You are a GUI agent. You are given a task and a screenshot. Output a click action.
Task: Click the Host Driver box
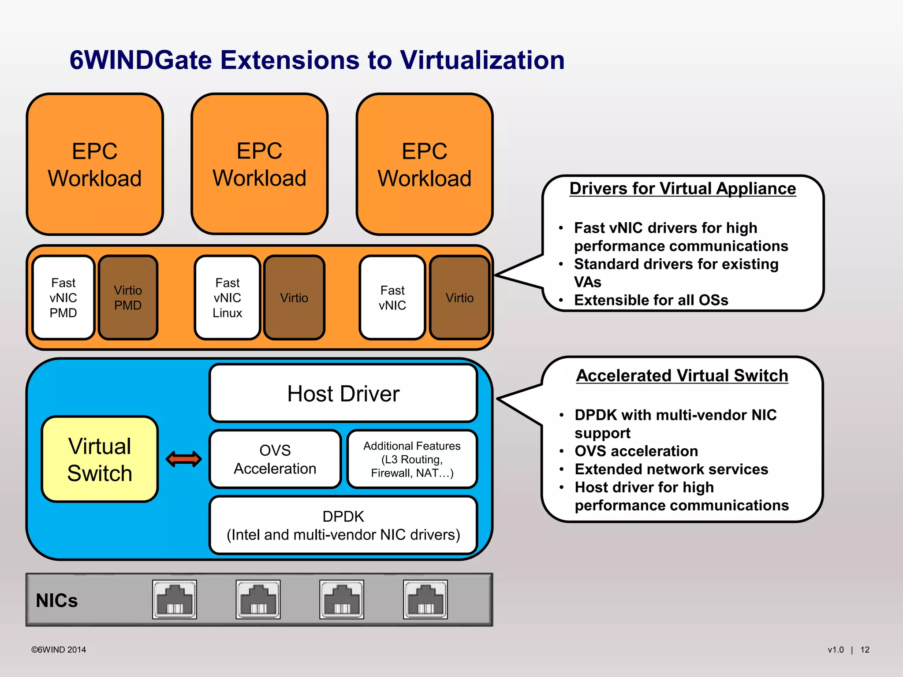(343, 393)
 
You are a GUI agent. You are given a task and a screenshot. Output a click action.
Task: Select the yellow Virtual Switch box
(100, 459)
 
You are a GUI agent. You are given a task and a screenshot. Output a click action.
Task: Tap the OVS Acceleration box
(275, 459)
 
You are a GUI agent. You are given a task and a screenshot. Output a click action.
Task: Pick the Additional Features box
(412, 459)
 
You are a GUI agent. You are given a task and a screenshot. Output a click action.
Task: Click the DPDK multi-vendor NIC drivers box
(343, 525)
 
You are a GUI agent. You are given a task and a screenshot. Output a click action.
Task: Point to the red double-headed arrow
(184, 459)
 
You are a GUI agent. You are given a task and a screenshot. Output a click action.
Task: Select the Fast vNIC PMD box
(63, 298)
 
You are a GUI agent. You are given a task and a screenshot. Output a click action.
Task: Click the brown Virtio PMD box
(128, 298)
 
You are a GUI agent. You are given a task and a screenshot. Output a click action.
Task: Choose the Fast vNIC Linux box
(227, 298)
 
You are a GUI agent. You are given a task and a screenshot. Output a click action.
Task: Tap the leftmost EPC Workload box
(95, 164)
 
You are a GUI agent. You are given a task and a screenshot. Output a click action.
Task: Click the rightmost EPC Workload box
(425, 164)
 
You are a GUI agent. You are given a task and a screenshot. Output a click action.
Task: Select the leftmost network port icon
(175, 599)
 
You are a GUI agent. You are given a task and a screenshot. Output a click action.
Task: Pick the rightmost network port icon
(425, 599)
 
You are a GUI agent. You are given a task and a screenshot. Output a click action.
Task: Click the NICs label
(57, 600)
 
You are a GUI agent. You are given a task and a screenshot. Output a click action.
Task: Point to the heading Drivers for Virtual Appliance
(683, 189)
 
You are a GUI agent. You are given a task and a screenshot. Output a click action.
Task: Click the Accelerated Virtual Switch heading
(682, 376)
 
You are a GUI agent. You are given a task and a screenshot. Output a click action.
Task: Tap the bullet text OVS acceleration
(636, 451)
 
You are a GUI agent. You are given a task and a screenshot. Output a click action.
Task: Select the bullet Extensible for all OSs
(651, 300)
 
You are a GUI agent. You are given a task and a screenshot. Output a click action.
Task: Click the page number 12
(865, 650)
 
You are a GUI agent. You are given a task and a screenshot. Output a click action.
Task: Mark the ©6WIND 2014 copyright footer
(59, 650)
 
